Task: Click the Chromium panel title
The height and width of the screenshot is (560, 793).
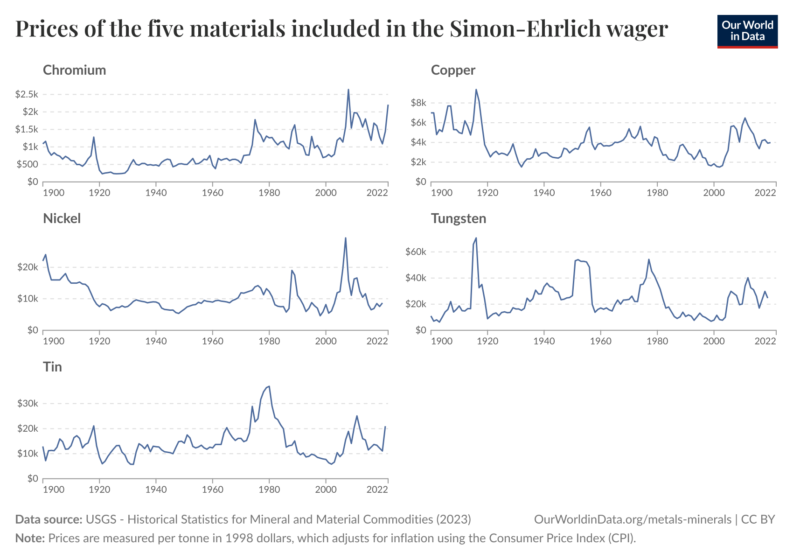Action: coord(74,70)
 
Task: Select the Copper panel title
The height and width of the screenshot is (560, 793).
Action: coord(453,70)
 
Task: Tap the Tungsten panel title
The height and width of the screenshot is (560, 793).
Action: coord(459,218)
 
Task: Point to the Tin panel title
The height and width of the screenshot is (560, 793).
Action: coord(52,367)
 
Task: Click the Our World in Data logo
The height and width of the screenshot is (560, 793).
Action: coord(747,31)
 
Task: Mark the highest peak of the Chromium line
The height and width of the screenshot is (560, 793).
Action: coord(348,90)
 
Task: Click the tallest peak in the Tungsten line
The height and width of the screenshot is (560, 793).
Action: coord(476,238)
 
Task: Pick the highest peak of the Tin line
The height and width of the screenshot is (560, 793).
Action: coord(269,386)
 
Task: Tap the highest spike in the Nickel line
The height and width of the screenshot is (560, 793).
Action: coord(346,238)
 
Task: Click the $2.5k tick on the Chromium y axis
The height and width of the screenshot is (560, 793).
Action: coord(26,94)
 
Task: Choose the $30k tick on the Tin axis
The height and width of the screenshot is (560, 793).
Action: coord(27,403)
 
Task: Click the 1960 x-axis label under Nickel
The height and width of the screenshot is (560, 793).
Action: coord(212,341)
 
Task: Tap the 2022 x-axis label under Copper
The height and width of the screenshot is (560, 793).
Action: coord(765,193)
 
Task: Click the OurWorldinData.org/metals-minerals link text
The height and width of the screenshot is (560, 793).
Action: coord(633,519)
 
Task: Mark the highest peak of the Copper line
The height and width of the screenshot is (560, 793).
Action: coord(476,90)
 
